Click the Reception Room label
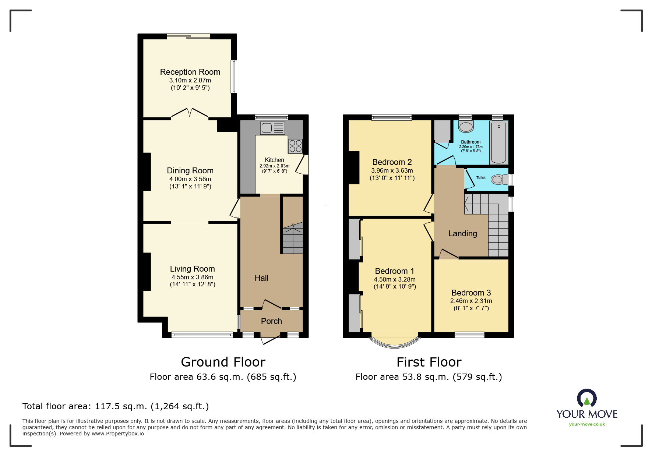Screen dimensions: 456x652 click(x=190, y=72)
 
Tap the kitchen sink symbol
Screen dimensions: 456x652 click(x=272, y=128)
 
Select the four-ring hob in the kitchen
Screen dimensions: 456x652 click(x=295, y=146)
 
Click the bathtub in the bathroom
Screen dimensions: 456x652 click(x=498, y=143)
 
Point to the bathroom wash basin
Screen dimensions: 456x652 click(x=466, y=127)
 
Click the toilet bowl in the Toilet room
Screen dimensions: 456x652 click(x=498, y=180)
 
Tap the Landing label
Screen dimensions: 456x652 click(x=462, y=234)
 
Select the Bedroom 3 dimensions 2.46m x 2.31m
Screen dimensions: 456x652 click(x=471, y=301)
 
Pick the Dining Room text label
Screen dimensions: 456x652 click(x=190, y=171)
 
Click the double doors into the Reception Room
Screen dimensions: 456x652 click(x=190, y=113)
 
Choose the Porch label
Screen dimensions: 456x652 click(x=271, y=321)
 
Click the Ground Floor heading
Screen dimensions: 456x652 click(x=223, y=362)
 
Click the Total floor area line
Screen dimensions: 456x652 click(x=116, y=406)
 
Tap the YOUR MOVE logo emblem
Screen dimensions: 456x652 click(x=586, y=399)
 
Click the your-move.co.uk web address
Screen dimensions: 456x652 click(x=587, y=424)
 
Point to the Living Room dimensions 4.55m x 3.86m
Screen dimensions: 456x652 click(x=192, y=278)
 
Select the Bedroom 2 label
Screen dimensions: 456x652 click(x=392, y=162)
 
